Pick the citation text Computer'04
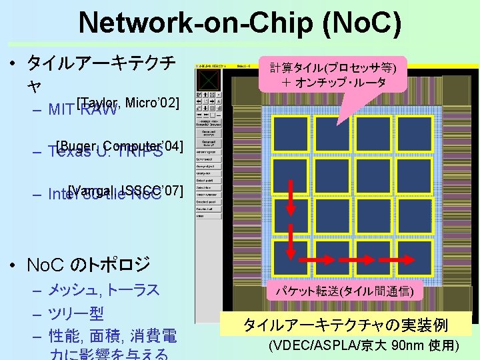tap(143, 146)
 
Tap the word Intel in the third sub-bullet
tap(63, 195)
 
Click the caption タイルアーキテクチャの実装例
tap(345, 325)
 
